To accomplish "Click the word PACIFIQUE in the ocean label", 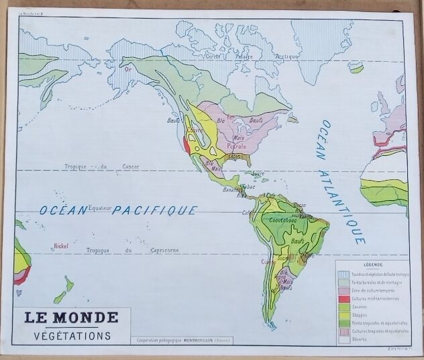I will tap(154, 210).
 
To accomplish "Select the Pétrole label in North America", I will tap(237, 146).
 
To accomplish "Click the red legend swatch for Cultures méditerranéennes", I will tap(343, 298).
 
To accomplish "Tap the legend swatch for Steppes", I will tap(343, 314).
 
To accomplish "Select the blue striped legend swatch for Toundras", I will tap(343, 273).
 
